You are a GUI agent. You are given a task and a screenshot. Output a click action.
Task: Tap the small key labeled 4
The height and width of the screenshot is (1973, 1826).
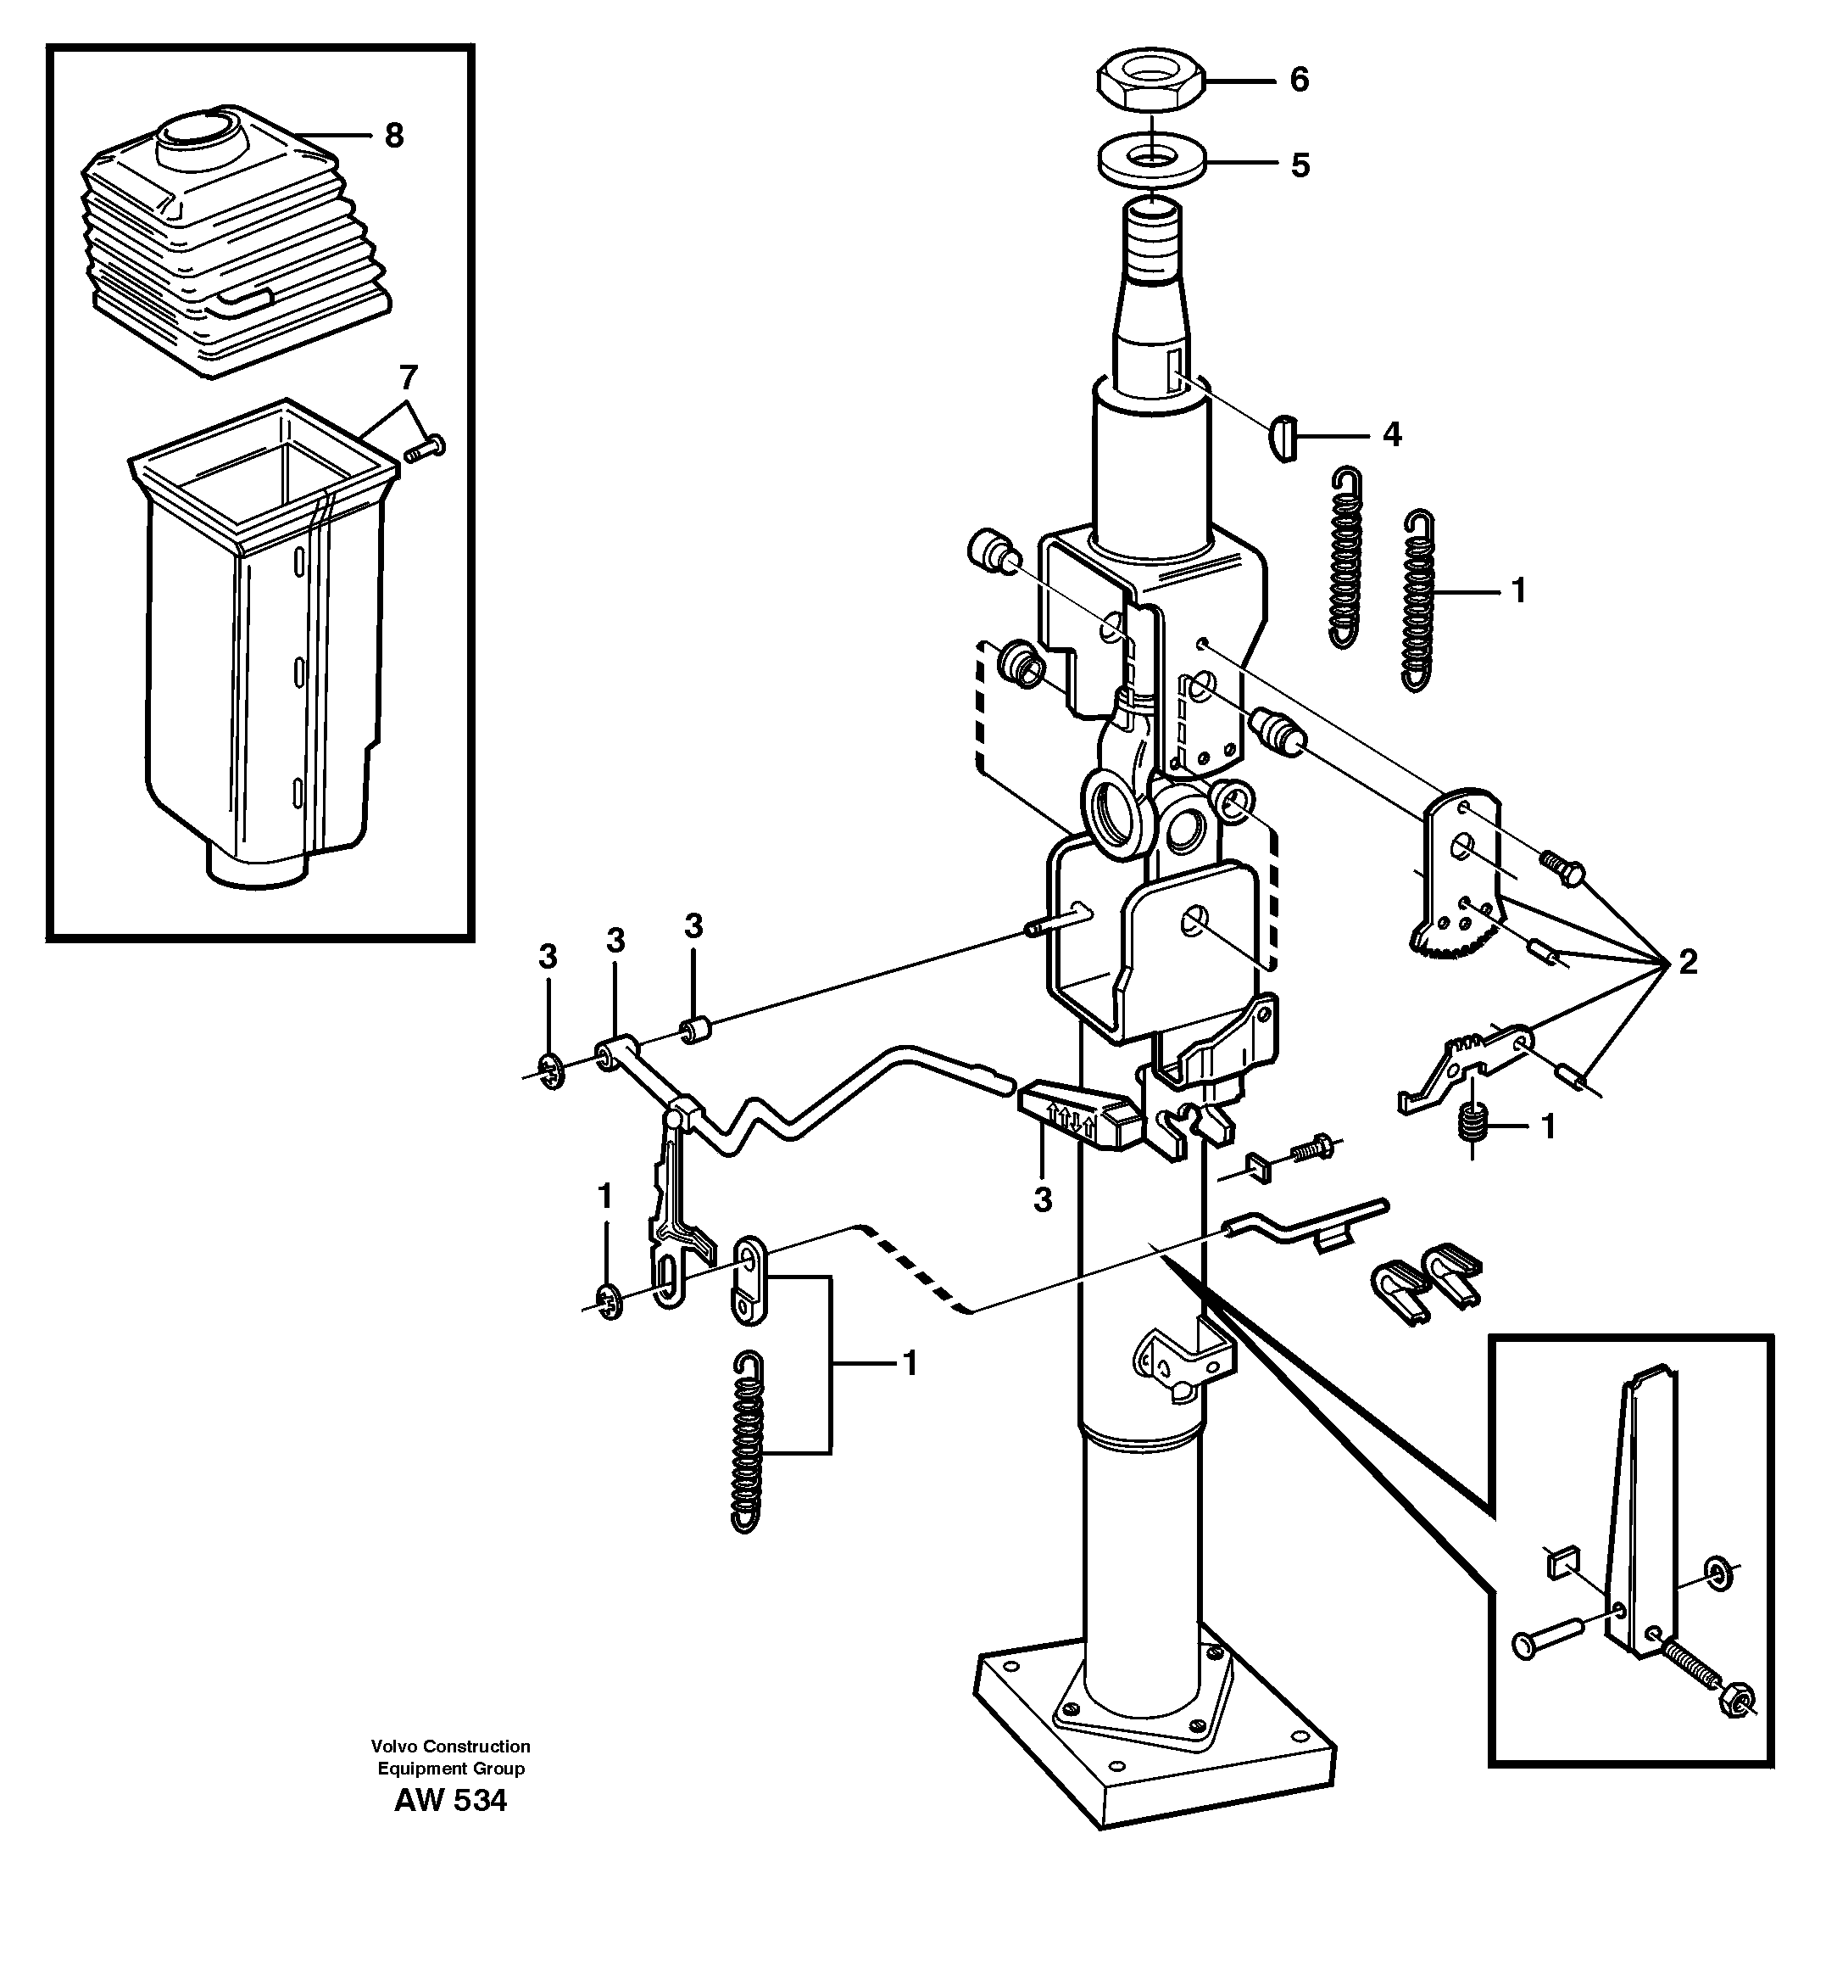[1282, 436]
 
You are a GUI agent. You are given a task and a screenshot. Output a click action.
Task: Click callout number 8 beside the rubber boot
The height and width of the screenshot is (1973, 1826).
[394, 136]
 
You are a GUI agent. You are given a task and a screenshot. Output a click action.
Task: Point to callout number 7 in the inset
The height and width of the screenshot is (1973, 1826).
[408, 377]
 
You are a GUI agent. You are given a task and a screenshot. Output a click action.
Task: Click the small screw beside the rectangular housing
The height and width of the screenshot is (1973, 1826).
[425, 449]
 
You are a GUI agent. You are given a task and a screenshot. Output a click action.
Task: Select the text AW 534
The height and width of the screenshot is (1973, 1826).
[451, 1801]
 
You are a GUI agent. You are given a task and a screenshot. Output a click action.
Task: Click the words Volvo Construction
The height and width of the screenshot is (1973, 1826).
[451, 1746]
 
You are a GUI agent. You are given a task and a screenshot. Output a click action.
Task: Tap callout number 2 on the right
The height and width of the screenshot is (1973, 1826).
[1688, 962]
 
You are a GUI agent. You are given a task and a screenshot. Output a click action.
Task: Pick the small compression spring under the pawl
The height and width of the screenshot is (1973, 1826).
[1473, 1124]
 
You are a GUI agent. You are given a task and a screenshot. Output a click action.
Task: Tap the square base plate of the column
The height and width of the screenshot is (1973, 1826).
[1154, 1750]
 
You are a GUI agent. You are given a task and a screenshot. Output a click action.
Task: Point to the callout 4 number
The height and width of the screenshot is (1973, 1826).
[1392, 434]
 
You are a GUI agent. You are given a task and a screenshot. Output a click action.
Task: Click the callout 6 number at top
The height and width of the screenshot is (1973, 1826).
[1300, 80]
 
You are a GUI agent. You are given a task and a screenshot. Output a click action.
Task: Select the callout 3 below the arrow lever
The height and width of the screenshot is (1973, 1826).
[1043, 1200]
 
